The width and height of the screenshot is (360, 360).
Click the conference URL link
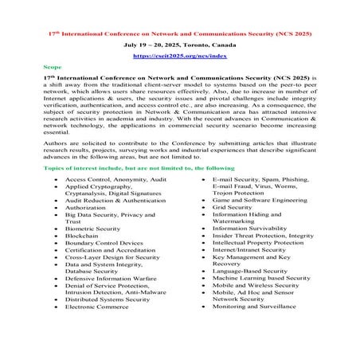click(179, 58)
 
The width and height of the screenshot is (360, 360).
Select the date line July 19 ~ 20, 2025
click(179, 47)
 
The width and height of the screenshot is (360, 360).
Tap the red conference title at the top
click(179, 35)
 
